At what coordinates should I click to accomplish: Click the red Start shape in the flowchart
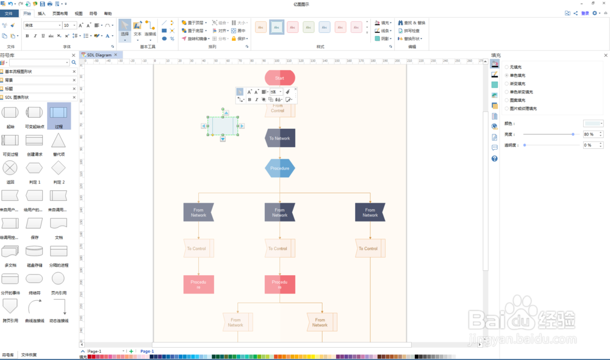click(x=279, y=77)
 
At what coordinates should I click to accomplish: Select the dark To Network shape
click(x=279, y=138)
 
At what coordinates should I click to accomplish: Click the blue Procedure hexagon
click(x=279, y=168)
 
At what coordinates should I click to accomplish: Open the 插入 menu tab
click(x=41, y=13)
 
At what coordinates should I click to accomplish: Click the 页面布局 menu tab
click(x=60, y=13)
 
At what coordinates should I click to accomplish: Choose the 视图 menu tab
click(x=79, y=13)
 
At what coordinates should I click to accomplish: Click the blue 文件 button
click(x=9, y=13)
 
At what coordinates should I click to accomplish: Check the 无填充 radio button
click(x=506, y=67)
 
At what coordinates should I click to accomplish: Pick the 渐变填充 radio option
click(x=506, y=84)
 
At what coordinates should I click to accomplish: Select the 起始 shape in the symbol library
click(x=10, y=113)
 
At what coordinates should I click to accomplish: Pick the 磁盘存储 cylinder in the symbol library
click(x=34, y=251)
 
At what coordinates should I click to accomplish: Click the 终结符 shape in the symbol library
click(x=34, y=279)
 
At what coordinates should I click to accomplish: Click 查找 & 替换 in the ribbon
click(x=411, y=23)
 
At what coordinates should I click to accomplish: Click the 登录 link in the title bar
click(x=585, y=13)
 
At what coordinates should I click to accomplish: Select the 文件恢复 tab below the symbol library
click(x=29, y=355)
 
